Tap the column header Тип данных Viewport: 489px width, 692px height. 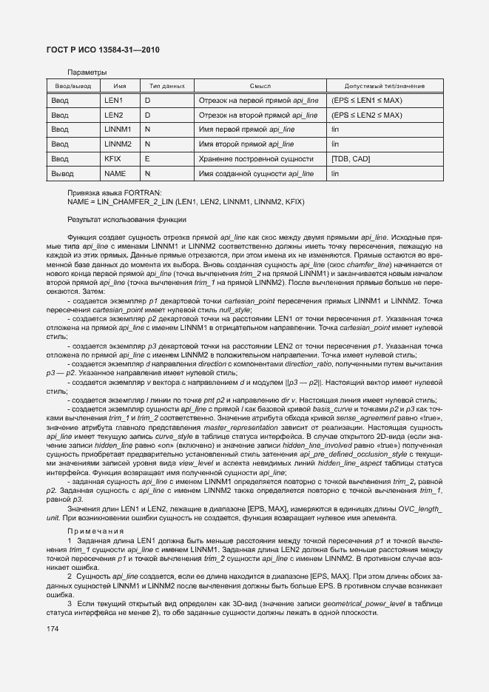(167, 87)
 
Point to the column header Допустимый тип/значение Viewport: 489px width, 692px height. (385, 87)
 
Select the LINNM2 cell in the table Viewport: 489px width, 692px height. (118, 144)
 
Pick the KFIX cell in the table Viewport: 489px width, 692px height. (112, 159)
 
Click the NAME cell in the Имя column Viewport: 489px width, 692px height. (115, 173)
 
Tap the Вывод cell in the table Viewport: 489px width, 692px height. (63, 173)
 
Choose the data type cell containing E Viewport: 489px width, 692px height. (147, 159)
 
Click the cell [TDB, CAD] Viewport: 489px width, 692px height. (351, 159)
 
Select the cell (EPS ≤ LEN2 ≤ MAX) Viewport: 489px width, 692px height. (367, 115)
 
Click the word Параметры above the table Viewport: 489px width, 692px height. (87, 73)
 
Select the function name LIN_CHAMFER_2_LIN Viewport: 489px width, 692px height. (135, 201)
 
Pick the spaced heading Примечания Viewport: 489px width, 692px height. (92, 531)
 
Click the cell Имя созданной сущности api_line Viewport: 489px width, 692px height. (256, 173)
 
